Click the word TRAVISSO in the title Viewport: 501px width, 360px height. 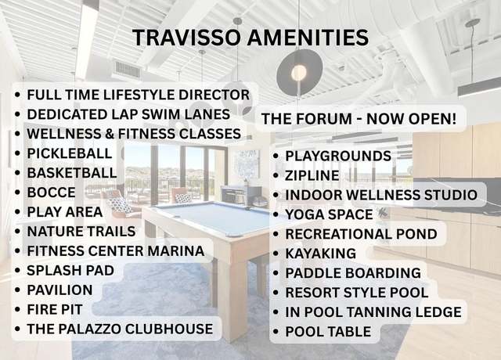(x=186, y=38)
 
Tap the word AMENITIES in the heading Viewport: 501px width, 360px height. (x=308, y=38)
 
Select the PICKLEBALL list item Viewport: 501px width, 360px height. (x=70, y=153)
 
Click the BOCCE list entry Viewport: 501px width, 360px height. (x=52, y=193)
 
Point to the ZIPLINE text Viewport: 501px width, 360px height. (x=312, y=175)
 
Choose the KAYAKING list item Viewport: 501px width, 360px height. (x=320, y=254)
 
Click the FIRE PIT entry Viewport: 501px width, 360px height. (x=55, y=310)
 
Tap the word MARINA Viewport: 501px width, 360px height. (x=176, y=250)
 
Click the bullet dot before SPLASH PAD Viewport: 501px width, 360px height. (x=17, y=271)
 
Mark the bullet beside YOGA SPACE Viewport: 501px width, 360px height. (x=276, y=214)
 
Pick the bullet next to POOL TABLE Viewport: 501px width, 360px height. (x=276, y=332)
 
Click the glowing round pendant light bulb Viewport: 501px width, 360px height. (x=299, y=73)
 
